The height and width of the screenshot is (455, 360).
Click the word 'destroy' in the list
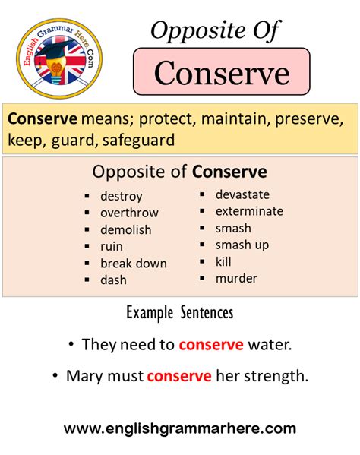(x=122, y=197)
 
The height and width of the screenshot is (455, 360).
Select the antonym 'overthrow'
(x=129, y=213)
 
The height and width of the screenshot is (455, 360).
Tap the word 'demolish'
(x=126, y=229)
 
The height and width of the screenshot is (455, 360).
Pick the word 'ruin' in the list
(x=112, y=247)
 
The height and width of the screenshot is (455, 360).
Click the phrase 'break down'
(x=134, y=263)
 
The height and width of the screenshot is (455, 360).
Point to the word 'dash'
(x=113, y=280)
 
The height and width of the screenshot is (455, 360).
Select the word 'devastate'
(x=242, y=194)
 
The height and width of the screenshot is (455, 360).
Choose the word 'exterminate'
(x=249, y=211)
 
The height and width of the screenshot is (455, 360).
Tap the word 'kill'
(x=223, y=261)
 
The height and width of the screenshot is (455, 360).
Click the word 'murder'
(x=236, y=279)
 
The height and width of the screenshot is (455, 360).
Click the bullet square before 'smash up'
(x=202, y=245)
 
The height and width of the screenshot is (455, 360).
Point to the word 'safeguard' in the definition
(x=139, y=141)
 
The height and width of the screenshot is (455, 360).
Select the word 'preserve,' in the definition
(x=309, y=119)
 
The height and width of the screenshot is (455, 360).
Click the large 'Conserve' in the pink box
(x=222, y=73)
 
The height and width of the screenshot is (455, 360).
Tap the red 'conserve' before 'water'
(x=211, y=345)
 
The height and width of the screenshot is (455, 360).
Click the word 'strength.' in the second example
(x=276, y=376)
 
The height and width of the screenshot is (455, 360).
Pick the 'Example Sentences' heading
(x=180, y=313)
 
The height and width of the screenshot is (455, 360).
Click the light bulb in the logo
(x=57, y=69)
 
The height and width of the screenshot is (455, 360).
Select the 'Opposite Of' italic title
(x=215, y=31)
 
